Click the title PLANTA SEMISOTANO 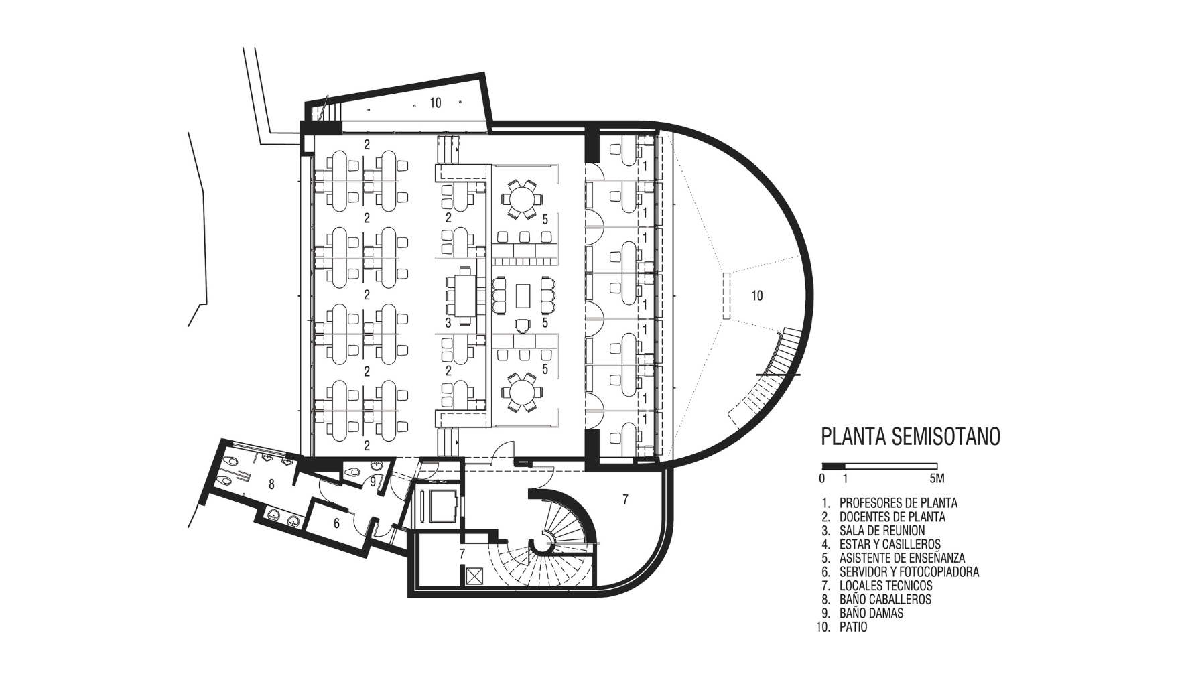(911, 436)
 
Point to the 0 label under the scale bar (822, 478)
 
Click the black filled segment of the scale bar (834, 466)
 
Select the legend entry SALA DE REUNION (882, 530)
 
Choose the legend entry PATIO (853, 627)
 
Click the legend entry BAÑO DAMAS (871, 613)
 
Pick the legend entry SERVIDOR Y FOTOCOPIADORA (909, 571)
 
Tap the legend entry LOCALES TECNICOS (885, 586)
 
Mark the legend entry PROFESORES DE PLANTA (898, 502)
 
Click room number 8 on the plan (271, 484)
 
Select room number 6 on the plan (336, 523)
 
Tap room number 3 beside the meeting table (448, 323)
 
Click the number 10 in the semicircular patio (756, 295)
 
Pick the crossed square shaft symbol (474, 576)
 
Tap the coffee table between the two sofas (522, 295)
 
